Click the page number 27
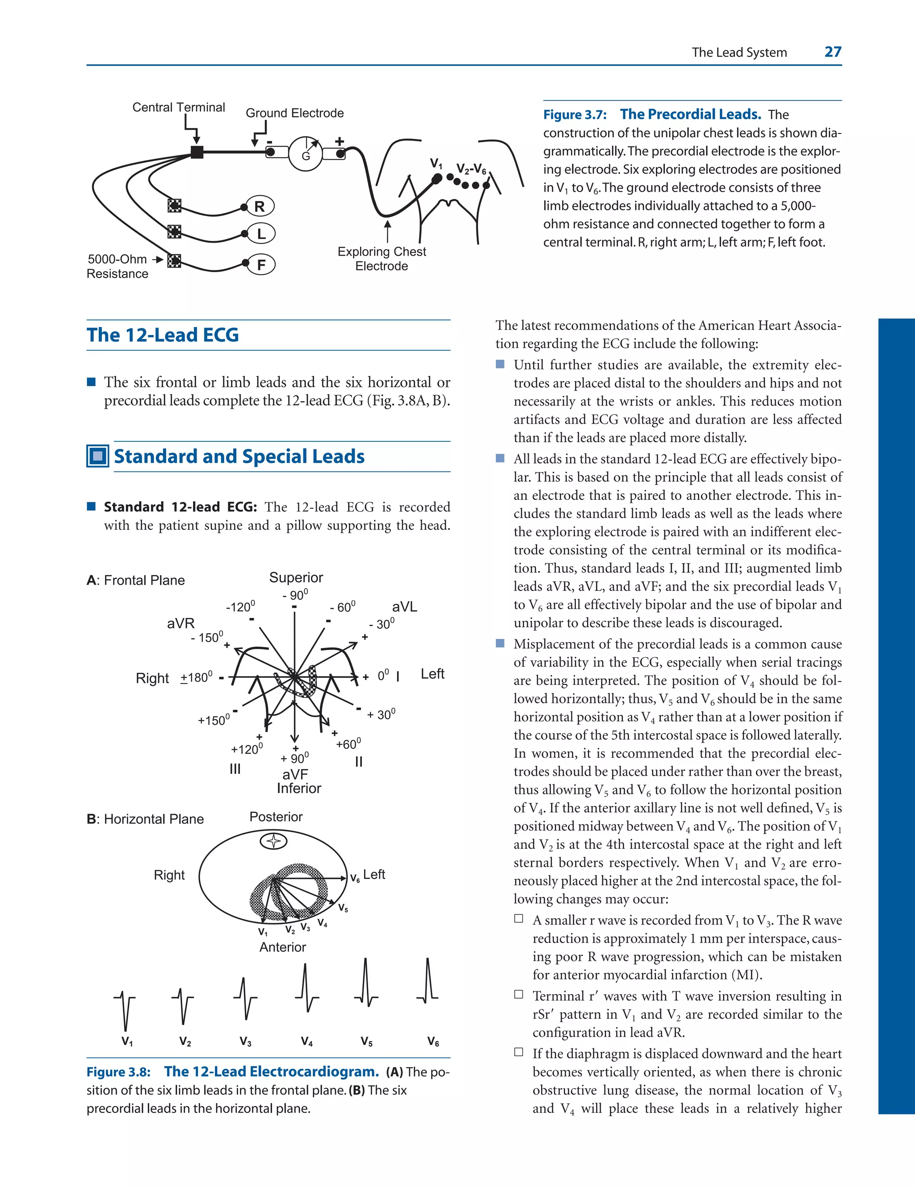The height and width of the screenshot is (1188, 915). click(x=832, y=52)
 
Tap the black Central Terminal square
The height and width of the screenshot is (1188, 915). click(x=197, y=152)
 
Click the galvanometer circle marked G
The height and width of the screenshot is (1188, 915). click(x=305, y=153)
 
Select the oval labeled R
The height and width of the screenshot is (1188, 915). click(x=260, y=206)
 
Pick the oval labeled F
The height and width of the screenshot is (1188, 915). click(x=261, y=265)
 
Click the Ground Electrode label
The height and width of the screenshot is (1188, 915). click(x=294, y=113)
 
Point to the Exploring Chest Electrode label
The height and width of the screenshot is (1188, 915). click(x=382, y=259)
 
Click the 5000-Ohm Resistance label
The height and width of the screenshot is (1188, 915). click(x=118, y=267)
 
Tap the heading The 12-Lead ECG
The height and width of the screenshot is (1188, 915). click(x=163, y=335)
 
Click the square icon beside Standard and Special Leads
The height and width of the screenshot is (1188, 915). click(x=98, y=456)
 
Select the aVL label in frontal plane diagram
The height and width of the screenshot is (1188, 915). click(x=404, y=607)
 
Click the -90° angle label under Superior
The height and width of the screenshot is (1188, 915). click(x=295, y=595)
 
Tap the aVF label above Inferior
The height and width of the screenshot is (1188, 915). click(x=295, y=774)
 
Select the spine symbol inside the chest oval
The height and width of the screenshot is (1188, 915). click(x=273, y=841)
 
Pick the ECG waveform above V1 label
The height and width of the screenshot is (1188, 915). click(x=126, y=1009)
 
